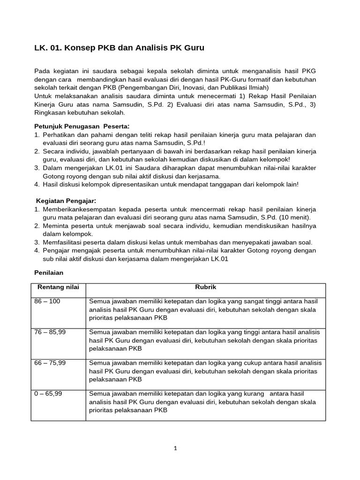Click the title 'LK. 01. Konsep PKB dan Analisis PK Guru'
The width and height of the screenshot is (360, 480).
coord(120,48)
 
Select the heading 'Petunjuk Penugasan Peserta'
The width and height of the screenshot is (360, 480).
coord(82,127)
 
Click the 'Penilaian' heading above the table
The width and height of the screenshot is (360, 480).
coord(49,272)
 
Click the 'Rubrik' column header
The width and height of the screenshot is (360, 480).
coord(205,287)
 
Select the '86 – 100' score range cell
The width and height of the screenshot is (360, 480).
coord(47,301)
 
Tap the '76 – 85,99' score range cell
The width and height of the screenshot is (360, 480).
coord(50,332)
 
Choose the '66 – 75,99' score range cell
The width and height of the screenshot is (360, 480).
coord(50,363)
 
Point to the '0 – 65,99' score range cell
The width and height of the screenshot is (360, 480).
coord(48,394)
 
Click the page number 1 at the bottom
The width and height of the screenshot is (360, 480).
coord(175,448)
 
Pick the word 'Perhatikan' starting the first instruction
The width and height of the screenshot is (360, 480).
coord(58,135)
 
